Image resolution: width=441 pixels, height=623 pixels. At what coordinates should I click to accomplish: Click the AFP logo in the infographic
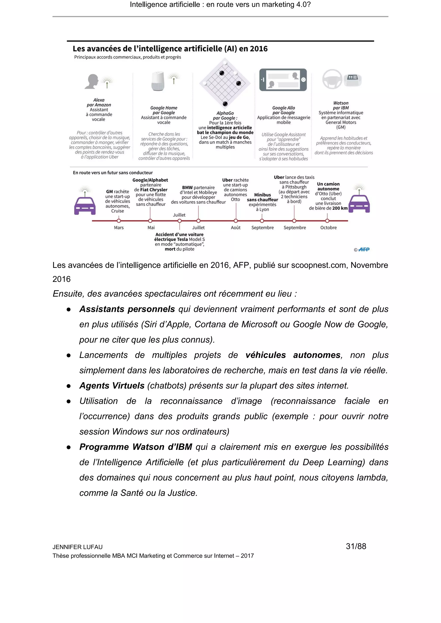tap(364, 249)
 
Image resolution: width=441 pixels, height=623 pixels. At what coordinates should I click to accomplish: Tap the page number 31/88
tap(356, 546)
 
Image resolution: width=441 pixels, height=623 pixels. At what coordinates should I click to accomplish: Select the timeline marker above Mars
tap(119, 221)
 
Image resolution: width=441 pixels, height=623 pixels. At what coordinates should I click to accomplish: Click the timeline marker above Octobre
tap(327, 221)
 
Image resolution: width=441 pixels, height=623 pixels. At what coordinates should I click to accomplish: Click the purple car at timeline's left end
tap(85, 206)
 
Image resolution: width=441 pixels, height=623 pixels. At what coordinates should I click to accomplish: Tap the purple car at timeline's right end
tap(359, 204)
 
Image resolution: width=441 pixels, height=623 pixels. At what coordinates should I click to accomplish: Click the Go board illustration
tap(225, 83)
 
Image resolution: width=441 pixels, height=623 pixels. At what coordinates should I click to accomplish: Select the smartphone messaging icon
tap(283, 80)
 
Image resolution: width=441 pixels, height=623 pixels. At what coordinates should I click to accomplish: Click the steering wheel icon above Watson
tap(332, 79)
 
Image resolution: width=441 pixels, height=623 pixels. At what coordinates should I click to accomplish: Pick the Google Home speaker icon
tap(158, 81)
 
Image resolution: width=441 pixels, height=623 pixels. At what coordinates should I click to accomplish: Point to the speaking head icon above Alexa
tap(92, 81)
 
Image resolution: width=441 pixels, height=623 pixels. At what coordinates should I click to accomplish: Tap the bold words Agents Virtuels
tap(112, 386)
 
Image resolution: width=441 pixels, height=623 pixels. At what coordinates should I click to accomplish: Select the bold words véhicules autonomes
tap(293, 355)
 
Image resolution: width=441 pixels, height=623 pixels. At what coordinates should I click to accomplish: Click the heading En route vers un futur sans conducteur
tap(113, 173)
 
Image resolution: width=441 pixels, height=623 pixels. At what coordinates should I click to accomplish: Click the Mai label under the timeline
tap(151, 228)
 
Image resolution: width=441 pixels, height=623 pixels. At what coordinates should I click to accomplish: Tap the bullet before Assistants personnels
tap(69, 310)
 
